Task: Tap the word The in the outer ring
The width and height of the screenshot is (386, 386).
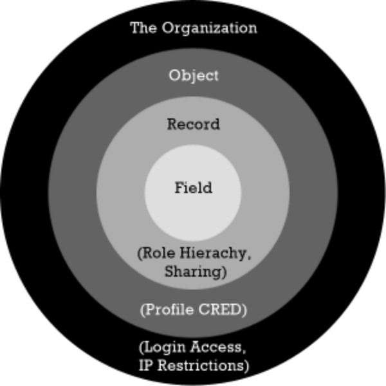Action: coord(143,28)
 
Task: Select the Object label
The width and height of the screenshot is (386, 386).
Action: coord(194,76)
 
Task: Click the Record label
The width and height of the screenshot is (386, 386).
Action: coord(193,124)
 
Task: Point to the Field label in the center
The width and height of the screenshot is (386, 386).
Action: coord(193,188)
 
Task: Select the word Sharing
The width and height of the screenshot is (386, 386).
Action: coord(193,271)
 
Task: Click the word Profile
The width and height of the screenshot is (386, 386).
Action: coord(169,309)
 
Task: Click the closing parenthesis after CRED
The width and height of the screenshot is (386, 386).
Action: coord(244,310)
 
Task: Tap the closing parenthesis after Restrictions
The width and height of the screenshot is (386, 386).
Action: coord(246,366)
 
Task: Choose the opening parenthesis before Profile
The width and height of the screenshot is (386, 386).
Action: coord(142,310)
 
